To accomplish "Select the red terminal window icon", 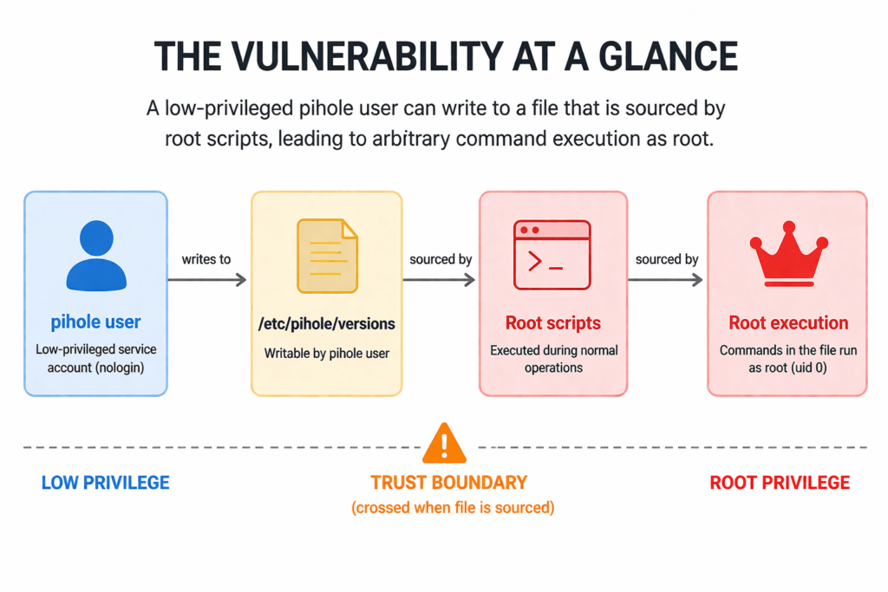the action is pyautogui.click(x=552, y=254).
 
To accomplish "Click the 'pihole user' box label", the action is pyautogui.click(x=95, y=322).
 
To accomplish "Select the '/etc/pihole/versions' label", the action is pyautogui.click(x=327, y=323).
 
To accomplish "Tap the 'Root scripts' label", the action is pyautogui.click(x=553, y=323).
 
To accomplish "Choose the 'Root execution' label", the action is pyautogui.click(x=788, y=323).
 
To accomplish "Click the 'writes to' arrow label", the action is pyautogui.click(x=206, y=259).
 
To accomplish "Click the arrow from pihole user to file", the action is pyautogui.click(x=206, y=279).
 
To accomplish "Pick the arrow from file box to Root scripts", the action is pyautogui.click(x=440, y=279).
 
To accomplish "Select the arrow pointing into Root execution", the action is pyautogui.click(x=666, y=279).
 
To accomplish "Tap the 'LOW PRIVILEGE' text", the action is pyautogui.click(x=105, y=483).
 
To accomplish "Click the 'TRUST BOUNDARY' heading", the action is pyautogui.click(x=448, y=483).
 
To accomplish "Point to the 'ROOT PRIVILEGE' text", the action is pyautogui.click(x=780, y=483).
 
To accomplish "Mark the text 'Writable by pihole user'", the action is pyautogui.click(x=327, y=354).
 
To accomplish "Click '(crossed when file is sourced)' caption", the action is pyautogui.click(x=453, y=507).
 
